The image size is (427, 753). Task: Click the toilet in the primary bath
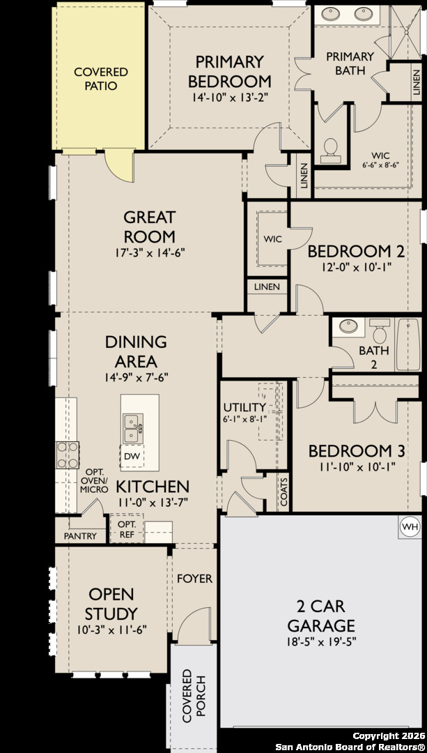tap(331, 146)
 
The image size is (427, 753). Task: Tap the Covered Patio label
tap(101, 79)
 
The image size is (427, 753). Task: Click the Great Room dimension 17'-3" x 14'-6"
tap(149, 252)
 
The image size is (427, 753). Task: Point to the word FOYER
tap(194, 579)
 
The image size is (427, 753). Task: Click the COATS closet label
tap(284, 492)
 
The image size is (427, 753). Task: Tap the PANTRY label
tap(80, 536)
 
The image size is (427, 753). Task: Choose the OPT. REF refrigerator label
tap(127, 528)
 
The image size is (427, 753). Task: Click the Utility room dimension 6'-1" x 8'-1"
tap(244, 419)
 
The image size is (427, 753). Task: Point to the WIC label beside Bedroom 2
tap(272, 239)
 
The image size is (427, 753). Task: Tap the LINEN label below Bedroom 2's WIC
tap(267, 287)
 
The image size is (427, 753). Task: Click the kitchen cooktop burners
tap(68, 455)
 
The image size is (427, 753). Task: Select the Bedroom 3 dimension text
tap(356, 466)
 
